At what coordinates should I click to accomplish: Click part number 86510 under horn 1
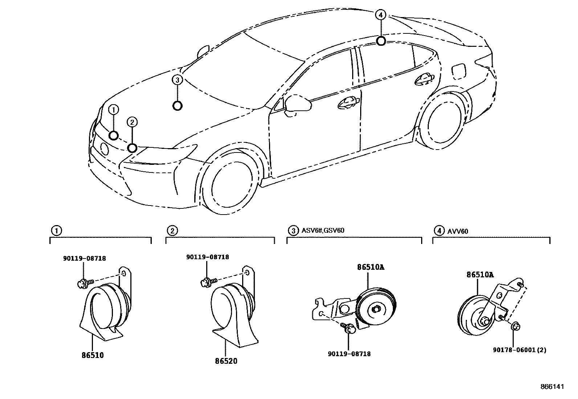[x=93, y=355]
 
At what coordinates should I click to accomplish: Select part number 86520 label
[x=226, y=361]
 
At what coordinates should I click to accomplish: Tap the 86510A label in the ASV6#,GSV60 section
[x=370, y=267]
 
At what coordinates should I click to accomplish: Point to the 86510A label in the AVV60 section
[x=480, y=275]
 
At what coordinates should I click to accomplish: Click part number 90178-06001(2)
[x=520, y=350]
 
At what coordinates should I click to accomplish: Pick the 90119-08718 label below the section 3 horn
[x=349, y=354]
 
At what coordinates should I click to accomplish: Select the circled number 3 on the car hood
[x=177, y=80]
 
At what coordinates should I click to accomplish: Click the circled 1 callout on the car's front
[x=114, y=109]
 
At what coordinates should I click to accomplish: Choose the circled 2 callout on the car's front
[x=132, y=122]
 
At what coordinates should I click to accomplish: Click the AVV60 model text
[x=457, y=230]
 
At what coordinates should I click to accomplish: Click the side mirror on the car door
[x=298, y=102]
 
